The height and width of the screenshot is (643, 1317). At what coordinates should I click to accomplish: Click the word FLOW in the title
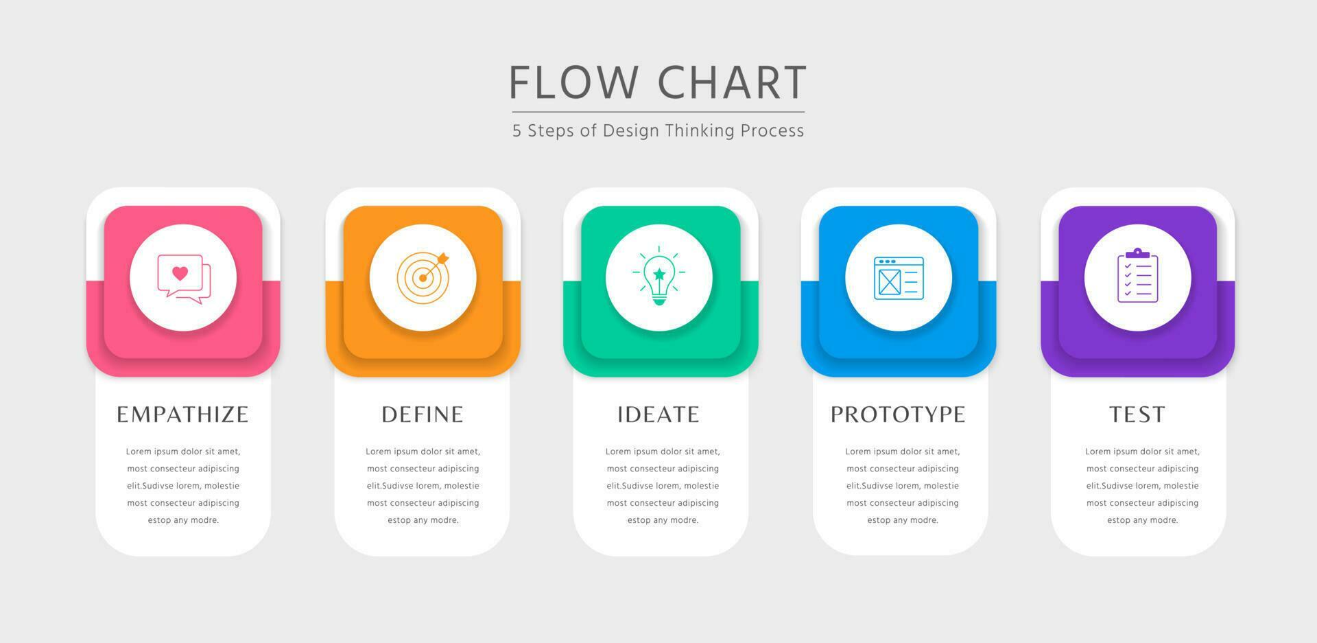(x=573, y=82)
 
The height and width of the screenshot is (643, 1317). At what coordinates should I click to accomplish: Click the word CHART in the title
(x=732, y=82)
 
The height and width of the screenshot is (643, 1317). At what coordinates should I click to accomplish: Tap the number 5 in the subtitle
(x=517, y=131)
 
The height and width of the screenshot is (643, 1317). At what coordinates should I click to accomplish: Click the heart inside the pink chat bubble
(x=180, y=273)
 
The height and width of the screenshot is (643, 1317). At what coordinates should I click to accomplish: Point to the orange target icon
(x=423, y=277)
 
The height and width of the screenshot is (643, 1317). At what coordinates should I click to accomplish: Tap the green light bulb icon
(x=659, y=277)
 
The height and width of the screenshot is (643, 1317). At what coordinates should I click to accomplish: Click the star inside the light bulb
(x=659, y=274)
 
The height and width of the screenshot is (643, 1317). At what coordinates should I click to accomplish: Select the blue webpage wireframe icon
(x=899, y=278)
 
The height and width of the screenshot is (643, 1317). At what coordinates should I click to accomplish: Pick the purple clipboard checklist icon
(x=1137, y=276)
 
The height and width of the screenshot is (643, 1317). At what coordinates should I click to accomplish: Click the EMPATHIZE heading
(x=182, y=414)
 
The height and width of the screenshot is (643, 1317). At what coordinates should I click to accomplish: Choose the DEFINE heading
(x=423, y=414)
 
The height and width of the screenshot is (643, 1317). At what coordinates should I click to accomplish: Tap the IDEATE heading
(x=658, y=414)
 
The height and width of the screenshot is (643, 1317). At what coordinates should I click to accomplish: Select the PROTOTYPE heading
(x=898, y=414)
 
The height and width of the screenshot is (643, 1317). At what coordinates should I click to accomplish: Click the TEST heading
(x=1137, y=414)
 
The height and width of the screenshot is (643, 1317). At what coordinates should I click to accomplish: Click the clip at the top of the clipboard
(x=1137, y=253)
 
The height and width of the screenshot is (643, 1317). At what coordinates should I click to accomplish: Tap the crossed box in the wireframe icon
(x=889, y=281)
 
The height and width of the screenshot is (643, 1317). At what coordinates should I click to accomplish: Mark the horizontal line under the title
(x=658, y=112)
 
